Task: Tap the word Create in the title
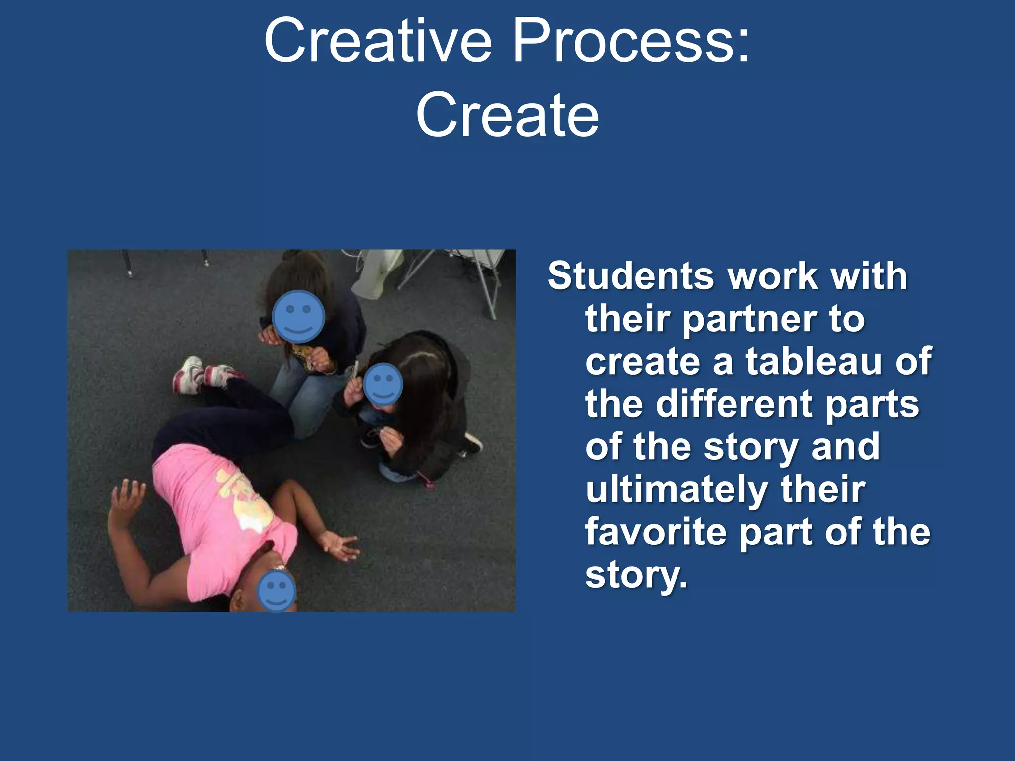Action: click(x=507, y=116)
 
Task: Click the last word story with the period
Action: click(x=636, y=575)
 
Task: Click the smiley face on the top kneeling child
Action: click(x=298, y=317)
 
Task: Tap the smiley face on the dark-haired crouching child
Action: click(x=383, y=384)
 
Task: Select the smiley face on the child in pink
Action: click(x=277, y=591)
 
